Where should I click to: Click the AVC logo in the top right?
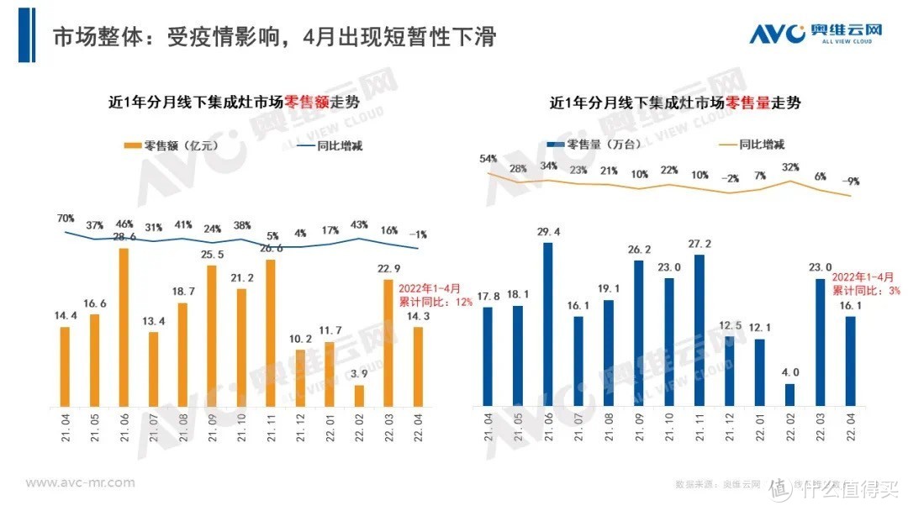(816, 34)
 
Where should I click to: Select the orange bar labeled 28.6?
(124, 328)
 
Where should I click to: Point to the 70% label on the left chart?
(66, 218)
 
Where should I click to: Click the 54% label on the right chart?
(488, 159)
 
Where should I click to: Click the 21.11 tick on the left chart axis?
(271, 430)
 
